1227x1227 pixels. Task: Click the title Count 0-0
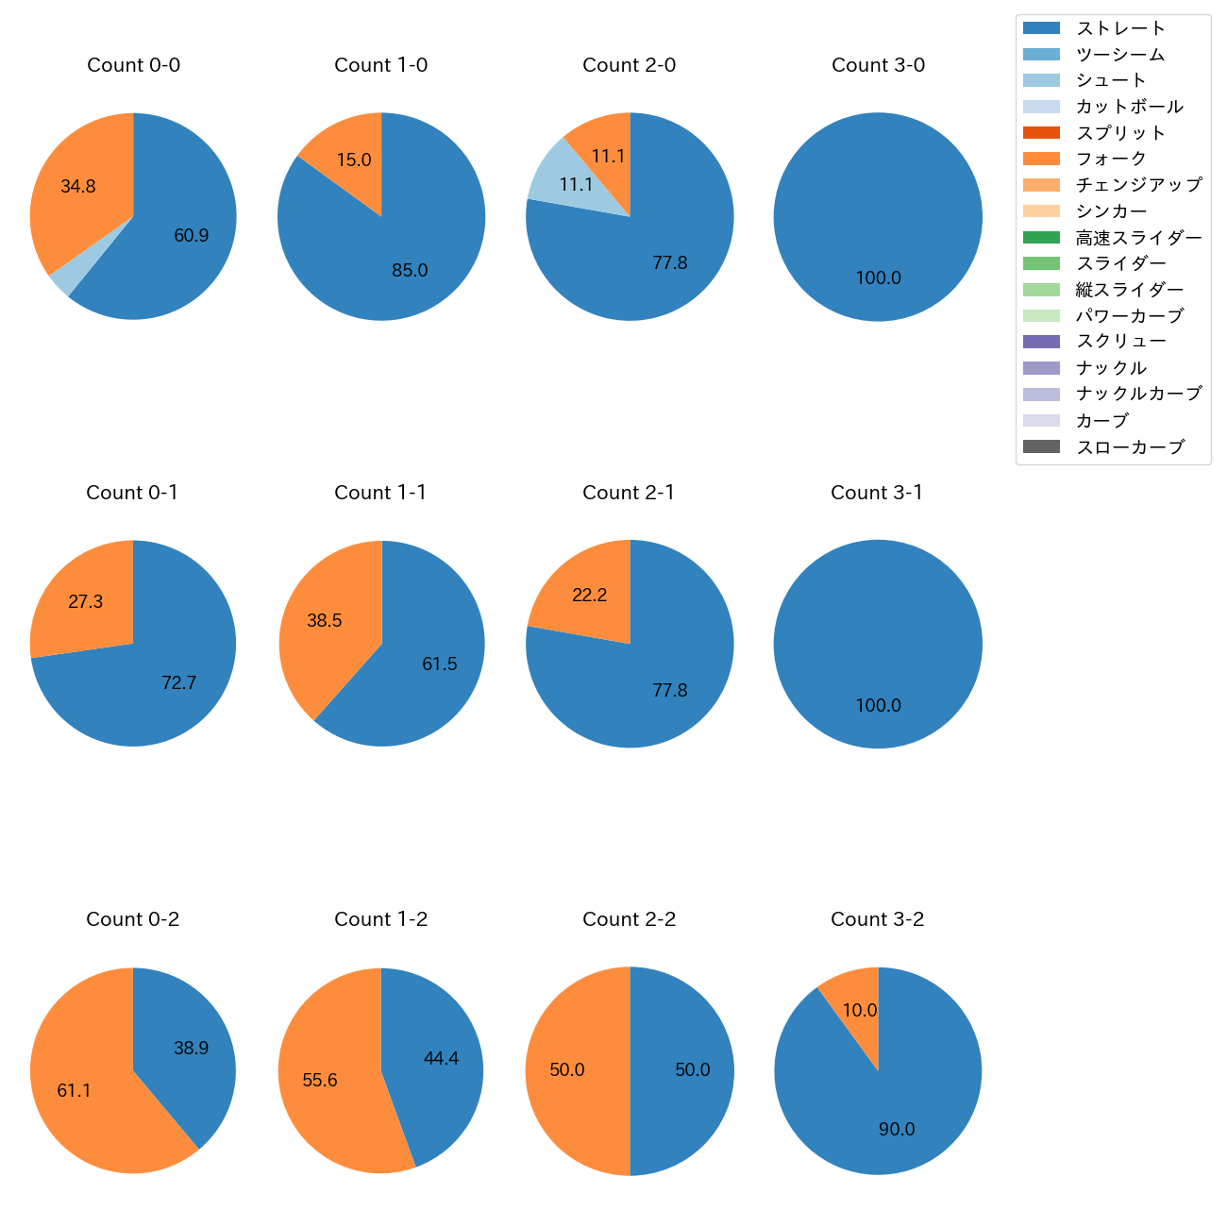tap(133, 65)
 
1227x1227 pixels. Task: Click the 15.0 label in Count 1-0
tap(354, 160)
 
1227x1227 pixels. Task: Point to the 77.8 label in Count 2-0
tap(670, 263)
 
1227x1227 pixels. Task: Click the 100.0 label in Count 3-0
tap(878, 278)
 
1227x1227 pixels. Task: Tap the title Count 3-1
tap(877, 493)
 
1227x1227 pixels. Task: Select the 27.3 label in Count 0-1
tap(86, 602)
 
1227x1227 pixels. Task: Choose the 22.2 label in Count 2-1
tap(590, 596)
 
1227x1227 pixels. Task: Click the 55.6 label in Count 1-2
tap(320, 1081)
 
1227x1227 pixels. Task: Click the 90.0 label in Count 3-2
tap(897, 1130)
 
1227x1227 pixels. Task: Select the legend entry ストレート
tap(1120, 28)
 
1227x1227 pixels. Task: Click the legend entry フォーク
tap(1111, 159)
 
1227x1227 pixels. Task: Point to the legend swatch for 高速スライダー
tap(1041, 238)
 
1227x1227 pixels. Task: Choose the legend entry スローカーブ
tap(1130, 447)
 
